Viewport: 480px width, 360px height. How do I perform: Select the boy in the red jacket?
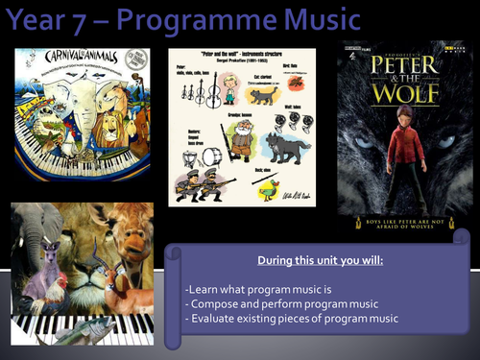[x=390, y=149]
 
